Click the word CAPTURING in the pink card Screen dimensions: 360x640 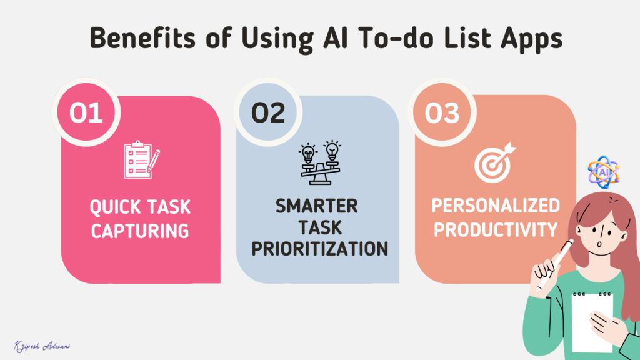[140, 230]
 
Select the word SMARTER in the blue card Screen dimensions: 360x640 [317, 206]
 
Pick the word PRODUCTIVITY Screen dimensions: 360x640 [496, 229]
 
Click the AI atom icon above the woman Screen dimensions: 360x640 [604, 171]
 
